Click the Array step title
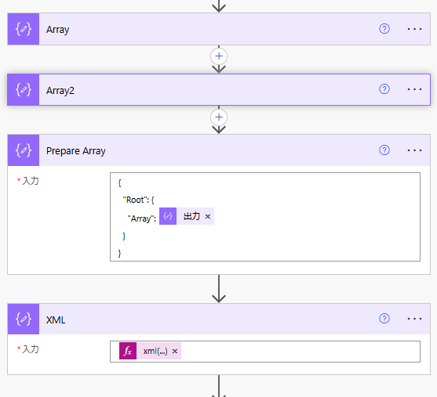(58, 30)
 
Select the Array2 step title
(60, 90)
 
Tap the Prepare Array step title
(76, 151)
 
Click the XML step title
(56, 320)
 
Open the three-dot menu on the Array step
(414, 29)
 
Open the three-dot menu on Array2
(414, 89)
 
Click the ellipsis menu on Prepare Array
(414, 150)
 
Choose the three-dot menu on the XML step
(414, 319)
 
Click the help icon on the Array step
(384, 29)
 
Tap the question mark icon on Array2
(384, 89)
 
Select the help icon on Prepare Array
(384, 150)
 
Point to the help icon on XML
(384, 318)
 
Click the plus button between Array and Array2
(219, 56)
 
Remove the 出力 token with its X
(208, 216)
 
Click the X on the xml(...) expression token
(175, 352)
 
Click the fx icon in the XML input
(128, 351)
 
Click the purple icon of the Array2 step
(24, 89)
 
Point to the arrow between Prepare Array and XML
(219, 289)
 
